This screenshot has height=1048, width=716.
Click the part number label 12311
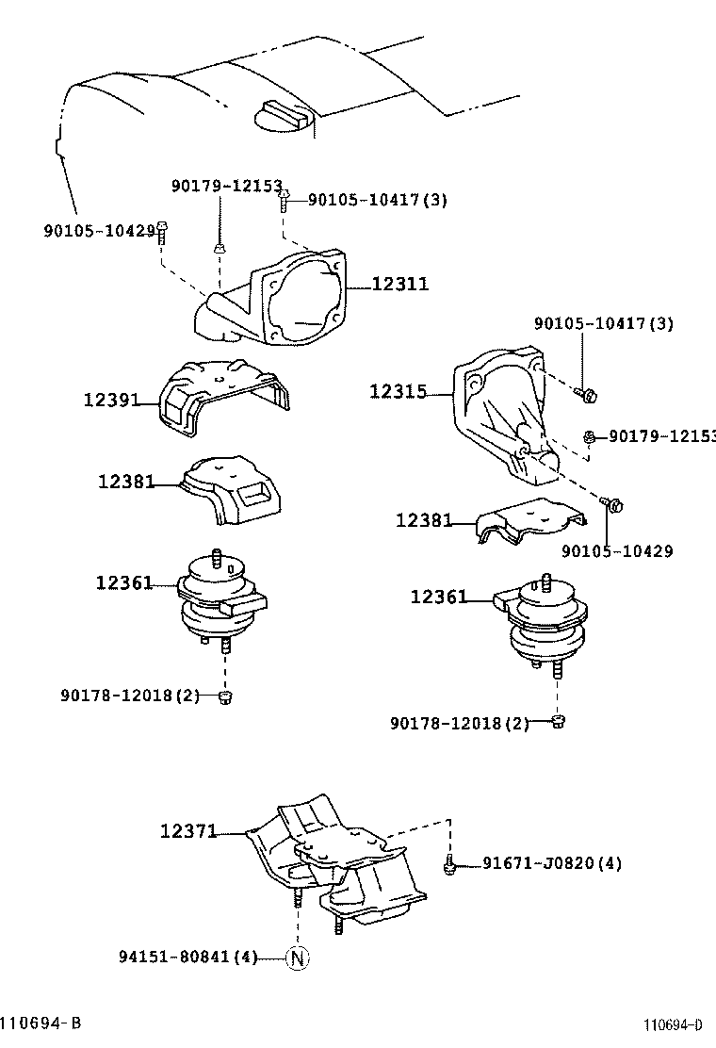coord(399,284)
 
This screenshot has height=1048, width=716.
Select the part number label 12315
coord(398,391)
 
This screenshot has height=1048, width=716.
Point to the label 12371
coord(188,831)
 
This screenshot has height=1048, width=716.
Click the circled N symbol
coord(298,958)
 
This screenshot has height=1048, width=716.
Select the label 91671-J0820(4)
coord(551,862)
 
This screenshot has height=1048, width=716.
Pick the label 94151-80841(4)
coord(187,958)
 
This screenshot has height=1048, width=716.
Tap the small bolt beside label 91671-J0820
coord(450,864)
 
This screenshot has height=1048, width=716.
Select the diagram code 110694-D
coord(673,1024)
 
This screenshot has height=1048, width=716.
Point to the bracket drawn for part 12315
coord(499,405)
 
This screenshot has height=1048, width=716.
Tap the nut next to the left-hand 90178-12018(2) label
coord(225,696)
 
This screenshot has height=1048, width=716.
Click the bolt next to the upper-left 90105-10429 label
coord(162,230)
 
